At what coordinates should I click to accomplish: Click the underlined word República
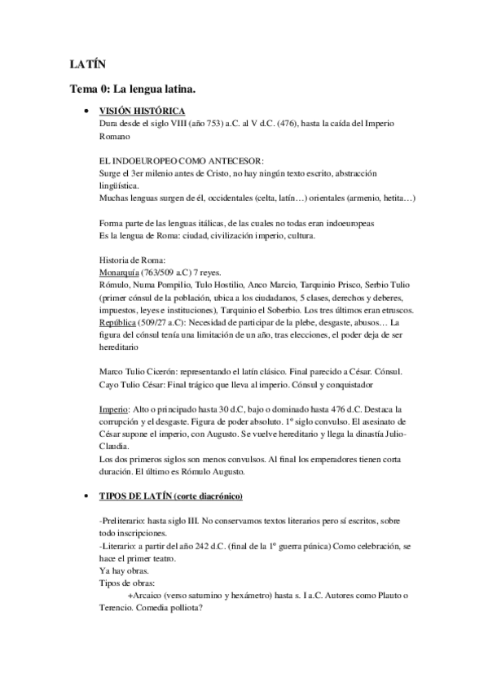point(118,321)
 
